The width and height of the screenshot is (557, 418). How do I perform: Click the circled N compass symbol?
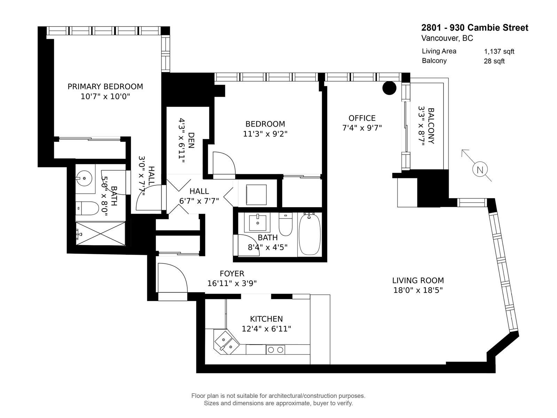[480, 170]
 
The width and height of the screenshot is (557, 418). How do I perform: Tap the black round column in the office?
[389, 88]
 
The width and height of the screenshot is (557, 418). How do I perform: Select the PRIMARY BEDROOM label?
[105, 86]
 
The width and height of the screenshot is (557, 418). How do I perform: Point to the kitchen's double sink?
[227, 342]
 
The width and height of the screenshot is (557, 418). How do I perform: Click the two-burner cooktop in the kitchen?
[275, 350]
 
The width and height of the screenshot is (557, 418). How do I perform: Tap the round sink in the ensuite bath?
[85, 178]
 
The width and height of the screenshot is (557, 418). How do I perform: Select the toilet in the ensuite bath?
[87, 208]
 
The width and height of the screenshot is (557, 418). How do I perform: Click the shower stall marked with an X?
[101, 233]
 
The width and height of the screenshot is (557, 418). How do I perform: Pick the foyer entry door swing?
[173, 278]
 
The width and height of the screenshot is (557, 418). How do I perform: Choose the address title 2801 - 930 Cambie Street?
[475, 28]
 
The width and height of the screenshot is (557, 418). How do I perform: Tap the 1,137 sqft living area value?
[499, 52]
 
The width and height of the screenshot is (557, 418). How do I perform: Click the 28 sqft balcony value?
[494, 61]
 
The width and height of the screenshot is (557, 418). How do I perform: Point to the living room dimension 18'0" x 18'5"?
[418, 290]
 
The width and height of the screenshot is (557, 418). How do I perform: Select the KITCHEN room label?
[266, 319]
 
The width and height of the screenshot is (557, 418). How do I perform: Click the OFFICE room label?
[362, 118]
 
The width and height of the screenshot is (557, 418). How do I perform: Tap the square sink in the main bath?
[257, 223]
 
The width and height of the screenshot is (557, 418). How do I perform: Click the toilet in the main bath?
[285, 224]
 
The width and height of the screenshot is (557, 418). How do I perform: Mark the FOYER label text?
[232, 273]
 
